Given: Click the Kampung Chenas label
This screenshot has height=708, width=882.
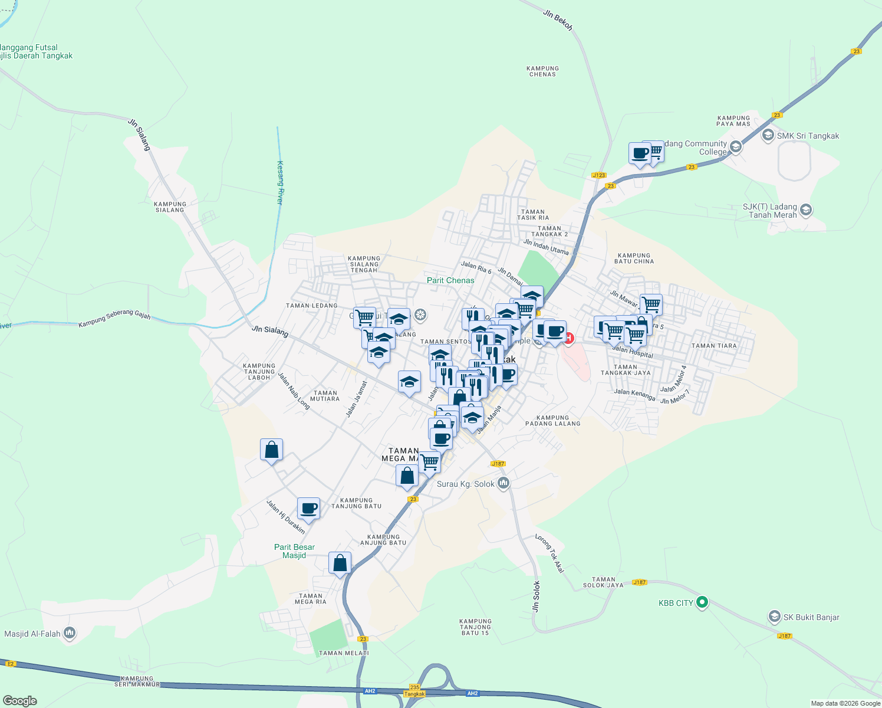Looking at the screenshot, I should tap(542, 71).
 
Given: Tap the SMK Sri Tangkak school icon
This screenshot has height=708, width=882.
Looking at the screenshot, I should tap(768, 136).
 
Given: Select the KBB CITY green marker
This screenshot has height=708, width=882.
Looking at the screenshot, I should tap(702, 602).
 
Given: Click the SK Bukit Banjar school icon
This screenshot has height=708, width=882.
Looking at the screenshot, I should tap(774, 617).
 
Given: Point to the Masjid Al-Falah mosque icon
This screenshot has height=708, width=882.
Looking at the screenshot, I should tap(70, 634).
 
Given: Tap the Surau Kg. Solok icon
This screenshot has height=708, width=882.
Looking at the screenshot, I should tap(503, 484).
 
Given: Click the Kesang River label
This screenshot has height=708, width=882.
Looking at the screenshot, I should tap(280, 183).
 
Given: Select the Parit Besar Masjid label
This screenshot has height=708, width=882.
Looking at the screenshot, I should tap(294, 551).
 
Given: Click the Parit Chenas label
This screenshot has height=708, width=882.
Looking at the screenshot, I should tap(450, 280).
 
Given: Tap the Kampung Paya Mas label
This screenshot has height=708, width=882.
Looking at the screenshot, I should tap(733, 121).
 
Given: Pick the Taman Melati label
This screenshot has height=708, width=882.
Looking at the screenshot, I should tap(344, 653).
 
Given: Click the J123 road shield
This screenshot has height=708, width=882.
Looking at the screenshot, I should tap(598, 175).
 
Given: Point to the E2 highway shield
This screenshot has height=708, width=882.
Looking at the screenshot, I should tap(10, 664).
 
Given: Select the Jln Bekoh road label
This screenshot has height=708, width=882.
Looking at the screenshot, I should tap(558, 20).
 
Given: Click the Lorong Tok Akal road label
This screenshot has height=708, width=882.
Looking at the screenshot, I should tap(549, 553).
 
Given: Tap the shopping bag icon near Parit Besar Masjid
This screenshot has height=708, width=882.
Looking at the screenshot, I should tap(340, 563).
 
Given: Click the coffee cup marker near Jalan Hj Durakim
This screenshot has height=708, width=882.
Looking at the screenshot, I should tap(308, 508).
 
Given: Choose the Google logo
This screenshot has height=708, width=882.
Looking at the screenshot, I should tap(19, 700).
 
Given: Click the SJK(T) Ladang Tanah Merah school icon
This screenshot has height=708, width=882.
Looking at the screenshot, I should tap(806, 209).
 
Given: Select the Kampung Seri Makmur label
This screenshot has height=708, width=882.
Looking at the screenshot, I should tap(137, 681).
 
